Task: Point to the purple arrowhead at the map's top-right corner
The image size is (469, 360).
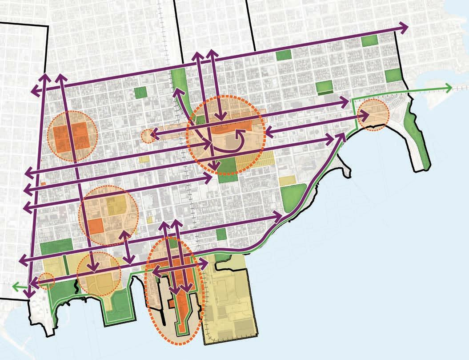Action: (405, 28)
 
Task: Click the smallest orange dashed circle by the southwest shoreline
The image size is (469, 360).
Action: (46, 280)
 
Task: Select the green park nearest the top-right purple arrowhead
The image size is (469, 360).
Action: (369, 40)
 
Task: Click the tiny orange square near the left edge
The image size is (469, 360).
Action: (43, 183)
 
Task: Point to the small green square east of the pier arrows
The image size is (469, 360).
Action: (220, 234)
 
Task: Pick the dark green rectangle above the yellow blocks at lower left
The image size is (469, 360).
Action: (56, 247)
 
